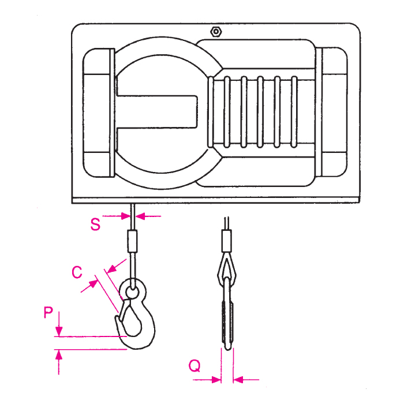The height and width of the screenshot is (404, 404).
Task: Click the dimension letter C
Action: point(76,272)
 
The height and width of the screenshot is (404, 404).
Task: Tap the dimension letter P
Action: point(49,313)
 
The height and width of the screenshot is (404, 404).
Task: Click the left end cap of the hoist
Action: point(98,113)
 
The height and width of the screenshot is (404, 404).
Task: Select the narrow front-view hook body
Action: point(226,317)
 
